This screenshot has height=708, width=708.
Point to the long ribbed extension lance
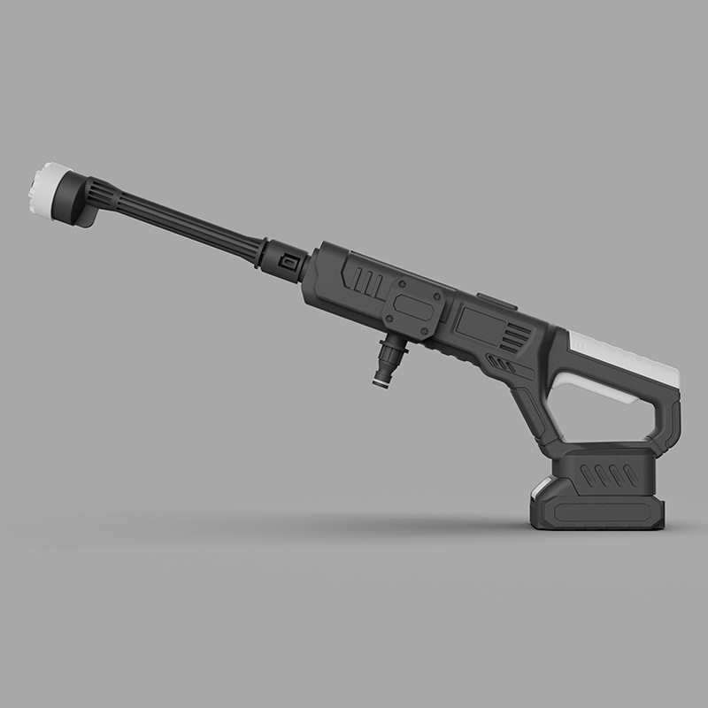click(186, 226)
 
